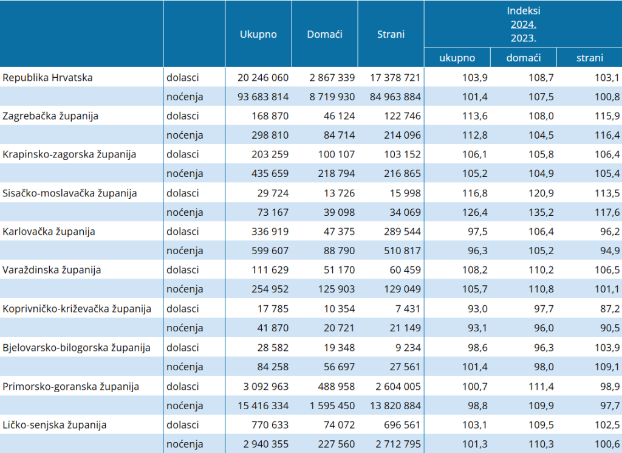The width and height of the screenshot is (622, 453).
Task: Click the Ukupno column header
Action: (x=258, y=35)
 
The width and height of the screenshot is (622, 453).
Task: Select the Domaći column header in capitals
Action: (x=324, y=35)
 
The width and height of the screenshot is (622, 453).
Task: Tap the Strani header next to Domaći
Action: (x=391, y=35)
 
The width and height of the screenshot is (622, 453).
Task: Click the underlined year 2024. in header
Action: (x=523, y=24)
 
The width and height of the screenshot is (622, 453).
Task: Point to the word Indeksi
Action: (x=523, y=11)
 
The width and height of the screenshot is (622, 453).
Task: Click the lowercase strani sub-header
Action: (x=589, y=58)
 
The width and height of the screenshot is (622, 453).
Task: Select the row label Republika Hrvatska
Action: (x=47, y=77)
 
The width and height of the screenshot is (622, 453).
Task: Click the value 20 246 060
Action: (x=263, y=77)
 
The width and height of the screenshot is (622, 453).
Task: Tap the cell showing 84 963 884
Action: (x=395, y=97)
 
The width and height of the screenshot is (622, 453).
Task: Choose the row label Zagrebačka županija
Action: (x=50, y=116)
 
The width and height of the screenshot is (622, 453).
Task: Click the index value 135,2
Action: (x=541, y=212)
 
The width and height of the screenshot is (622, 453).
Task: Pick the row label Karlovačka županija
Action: (x=49, y=232)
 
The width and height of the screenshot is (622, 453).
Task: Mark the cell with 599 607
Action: (x=270, y=251)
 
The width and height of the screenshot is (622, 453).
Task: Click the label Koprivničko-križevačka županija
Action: (x=77, y=309)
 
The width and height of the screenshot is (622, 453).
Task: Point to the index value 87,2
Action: (x=610, y=309)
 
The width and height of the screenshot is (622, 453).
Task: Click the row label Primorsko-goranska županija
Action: (x=71, y=387)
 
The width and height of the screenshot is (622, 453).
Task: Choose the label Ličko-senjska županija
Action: (x=55, y=425)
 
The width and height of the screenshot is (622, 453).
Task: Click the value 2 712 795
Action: (x=398, y=444)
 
